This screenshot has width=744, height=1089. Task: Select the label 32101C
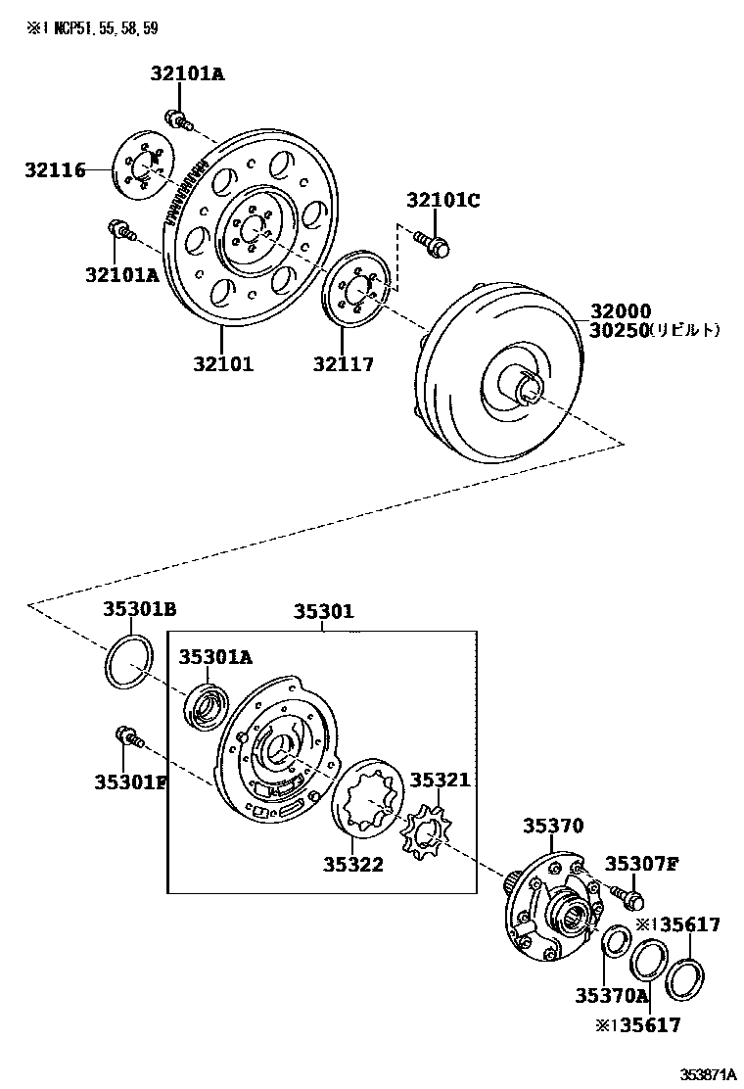point(442,201)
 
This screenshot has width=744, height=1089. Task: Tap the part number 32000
point(621,311)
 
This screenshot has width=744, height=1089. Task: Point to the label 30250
point(621,331)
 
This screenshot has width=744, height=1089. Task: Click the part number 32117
point(344,364)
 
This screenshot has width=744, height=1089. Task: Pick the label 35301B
point(139,610)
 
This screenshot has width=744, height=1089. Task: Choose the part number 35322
point(353,864)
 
